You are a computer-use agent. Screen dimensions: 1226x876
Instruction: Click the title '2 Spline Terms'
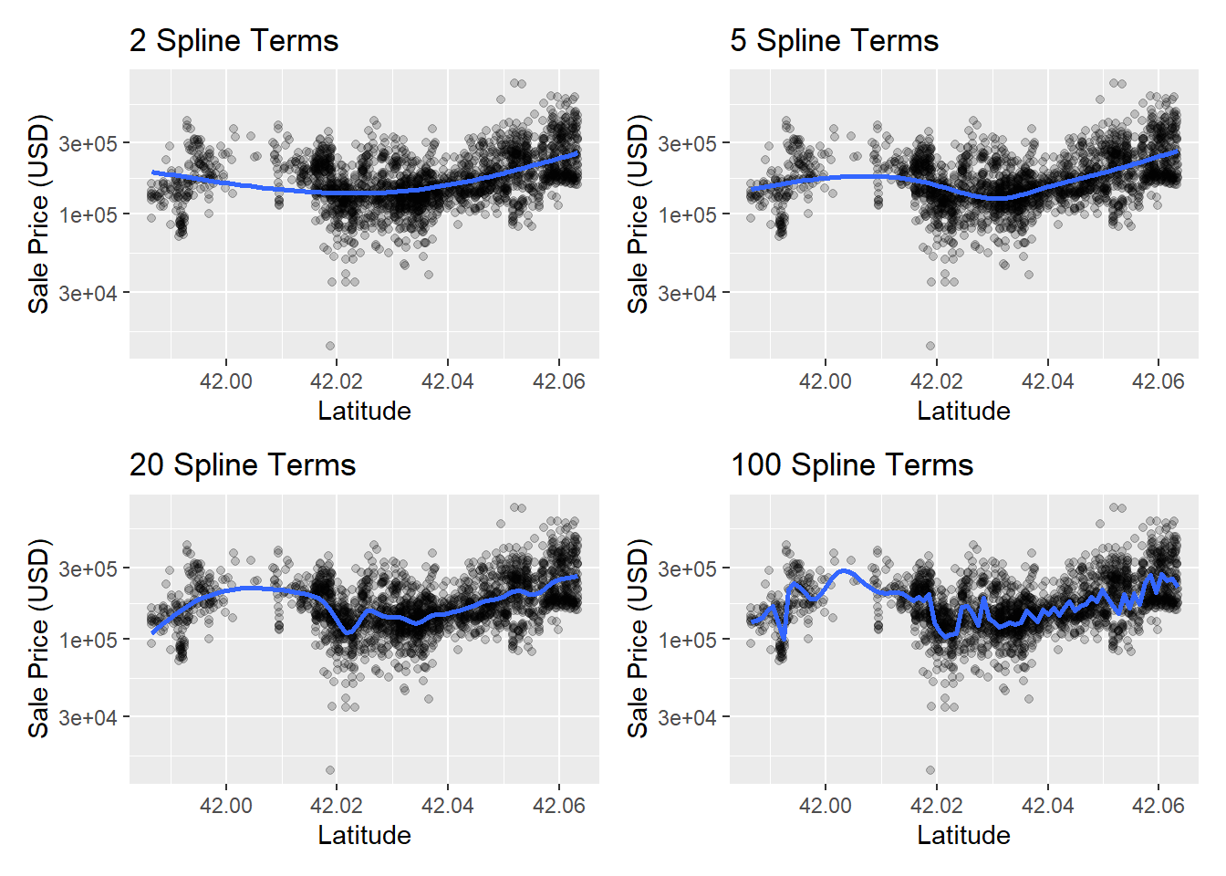[x=234, y=40]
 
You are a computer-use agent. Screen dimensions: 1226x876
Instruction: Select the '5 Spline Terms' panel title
[x=834, y=40]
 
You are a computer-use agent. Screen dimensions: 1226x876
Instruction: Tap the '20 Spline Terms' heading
[x=243, y=464]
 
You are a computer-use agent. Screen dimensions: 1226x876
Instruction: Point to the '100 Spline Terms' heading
[x=852, y=464]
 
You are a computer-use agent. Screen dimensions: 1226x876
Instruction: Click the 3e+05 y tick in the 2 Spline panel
[x=88, y=143]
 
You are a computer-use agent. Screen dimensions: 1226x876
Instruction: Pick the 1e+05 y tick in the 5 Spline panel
[x=688, y=214]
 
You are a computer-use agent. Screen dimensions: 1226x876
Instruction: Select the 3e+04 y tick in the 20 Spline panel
[x=88, y=717]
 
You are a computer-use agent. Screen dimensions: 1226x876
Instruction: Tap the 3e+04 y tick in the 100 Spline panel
[x=688, y=717]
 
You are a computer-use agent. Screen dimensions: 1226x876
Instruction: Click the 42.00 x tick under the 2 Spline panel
[x=226, y=381]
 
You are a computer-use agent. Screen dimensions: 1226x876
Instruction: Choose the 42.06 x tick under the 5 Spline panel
[x=1158, y=381]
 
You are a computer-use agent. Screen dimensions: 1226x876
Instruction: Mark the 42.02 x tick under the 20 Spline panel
[x=337, y=806]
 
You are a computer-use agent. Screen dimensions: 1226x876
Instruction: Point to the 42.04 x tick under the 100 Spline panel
[x=1047, y=806]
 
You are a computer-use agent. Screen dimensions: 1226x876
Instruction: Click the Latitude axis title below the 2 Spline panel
[x=365, y=412]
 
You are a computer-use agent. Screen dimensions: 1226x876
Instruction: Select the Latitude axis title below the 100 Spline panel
[x=964, y=836]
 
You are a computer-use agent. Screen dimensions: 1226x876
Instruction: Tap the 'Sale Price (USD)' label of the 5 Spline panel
[x=638, y=214]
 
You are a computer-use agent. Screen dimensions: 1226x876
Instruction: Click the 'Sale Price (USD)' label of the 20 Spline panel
[x=38, y=639]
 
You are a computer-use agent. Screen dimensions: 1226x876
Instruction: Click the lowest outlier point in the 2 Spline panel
[x=330, y=346]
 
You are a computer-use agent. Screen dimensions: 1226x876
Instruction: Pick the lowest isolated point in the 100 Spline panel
[x=930, y=770]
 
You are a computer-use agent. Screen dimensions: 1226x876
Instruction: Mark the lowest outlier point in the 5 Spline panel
[x=930, y=346]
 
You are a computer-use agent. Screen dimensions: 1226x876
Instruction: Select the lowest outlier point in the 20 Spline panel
[x=330, y=770]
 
